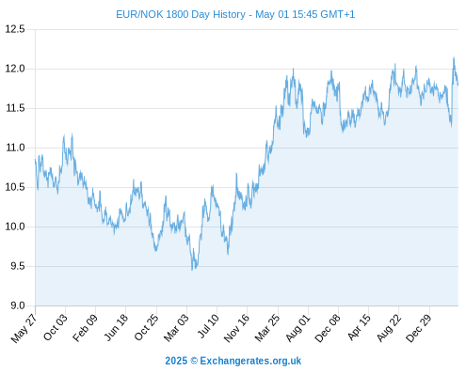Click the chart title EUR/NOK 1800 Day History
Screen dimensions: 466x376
[x=181, y=14]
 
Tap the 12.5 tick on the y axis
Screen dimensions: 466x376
[x=15, y=29]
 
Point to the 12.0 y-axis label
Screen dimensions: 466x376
[x=15, y=69]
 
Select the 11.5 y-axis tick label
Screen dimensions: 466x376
[x=15, y=108]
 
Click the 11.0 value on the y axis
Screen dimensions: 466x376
[x=15, y=148]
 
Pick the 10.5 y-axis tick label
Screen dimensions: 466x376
[x=15, y=187]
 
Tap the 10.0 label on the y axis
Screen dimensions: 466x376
[x=15, y=227]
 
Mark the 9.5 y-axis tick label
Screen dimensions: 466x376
[x=17, y=266]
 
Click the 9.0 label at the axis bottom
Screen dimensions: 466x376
[x=17, y=305]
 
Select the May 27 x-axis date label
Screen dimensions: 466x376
[x=24, y=328]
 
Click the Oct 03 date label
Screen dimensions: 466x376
[x=55, y=327]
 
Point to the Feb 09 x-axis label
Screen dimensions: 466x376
[x=85, y=327]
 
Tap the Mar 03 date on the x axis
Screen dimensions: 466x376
[x=176, y=327]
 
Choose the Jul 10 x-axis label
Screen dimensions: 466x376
[x=208, y=325]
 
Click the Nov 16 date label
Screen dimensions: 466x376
[x=236, y=327]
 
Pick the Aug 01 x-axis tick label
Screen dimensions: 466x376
[x=297, y=327]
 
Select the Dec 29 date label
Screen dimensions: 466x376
[x=418, y=328]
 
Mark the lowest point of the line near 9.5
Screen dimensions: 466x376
[x=192, y=270]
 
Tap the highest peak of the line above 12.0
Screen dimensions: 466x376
[x=454, y=57]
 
